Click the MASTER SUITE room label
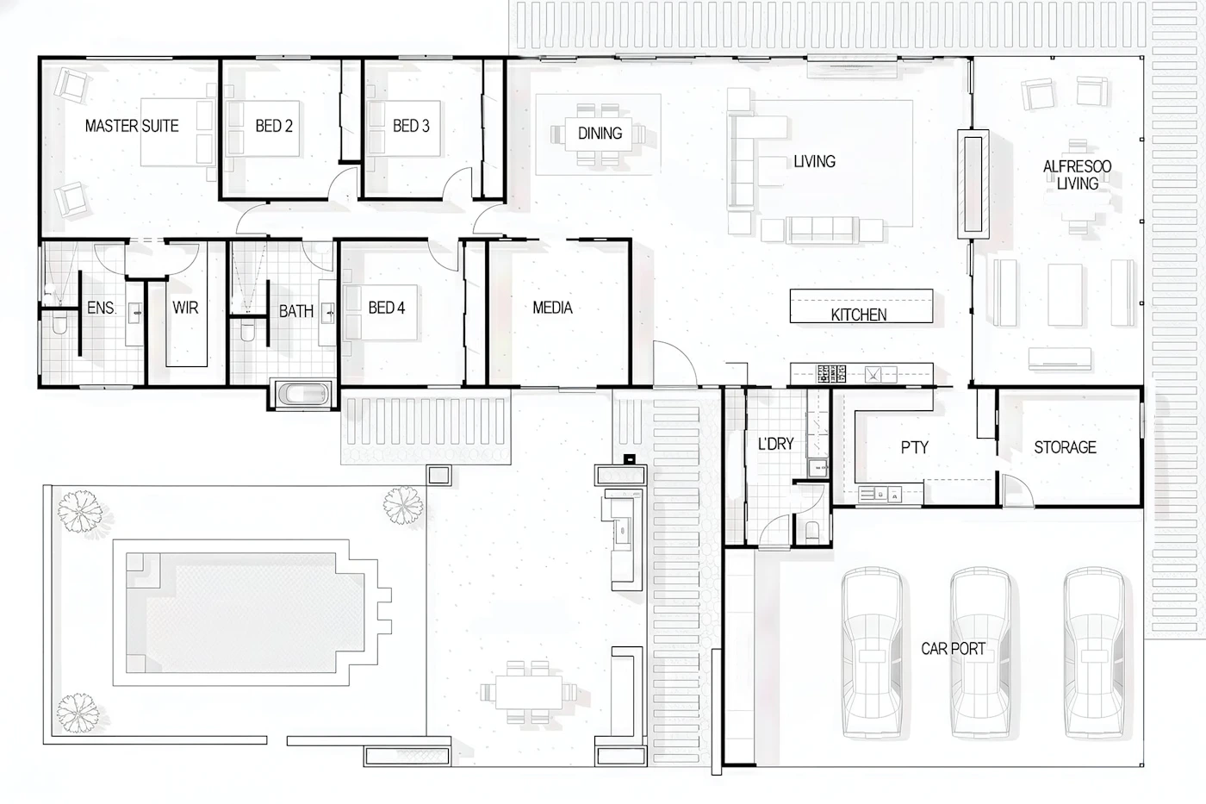tap(132, 126)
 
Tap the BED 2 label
tap(274, 126)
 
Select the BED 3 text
tap(412, 126)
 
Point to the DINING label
tap(600, 133)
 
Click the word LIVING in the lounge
tap(815, 161)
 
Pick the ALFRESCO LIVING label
tap(1078, 175)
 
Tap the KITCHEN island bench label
tap(859, 315)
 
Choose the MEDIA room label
tap(552, 308)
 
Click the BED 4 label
tap(387, 308)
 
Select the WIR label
tap(185, 308)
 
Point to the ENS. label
tap(102, 308)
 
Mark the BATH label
tap(296, 311)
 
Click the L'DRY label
tap(776, 445)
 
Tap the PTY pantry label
tap(915, 447)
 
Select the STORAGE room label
tap(1065, 447)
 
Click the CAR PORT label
tap(954, 649)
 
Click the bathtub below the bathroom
tap(303, 394)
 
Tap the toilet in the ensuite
tap(59, 324)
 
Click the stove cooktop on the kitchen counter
tap(831, 374)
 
